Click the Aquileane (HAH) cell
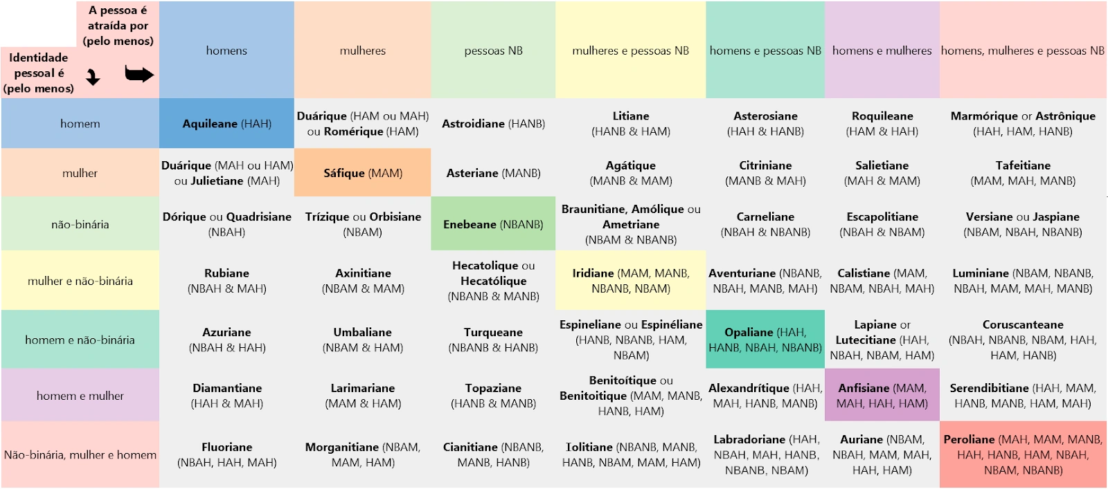tap(226, 124)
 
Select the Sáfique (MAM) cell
tap(363, 173)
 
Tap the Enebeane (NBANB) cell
tap(493, 224)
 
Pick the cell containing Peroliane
tap(1023, 454)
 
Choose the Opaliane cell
tap(765, 340)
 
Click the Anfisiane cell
tap(882, 396)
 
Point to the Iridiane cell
tap(631, 281)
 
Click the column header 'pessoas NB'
tap(493, 50)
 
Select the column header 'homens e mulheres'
tap(882, 50)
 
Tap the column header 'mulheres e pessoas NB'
tap(631, 50)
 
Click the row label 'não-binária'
tap(80, 224)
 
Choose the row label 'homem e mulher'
tap(80, 396)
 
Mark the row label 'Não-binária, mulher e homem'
tap(80, 455)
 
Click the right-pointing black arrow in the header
tap(139, 74)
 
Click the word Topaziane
tap(493, 388)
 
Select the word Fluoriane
tap(226, 447)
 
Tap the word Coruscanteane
tap(1023, 324)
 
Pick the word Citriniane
tap(765, 165)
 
